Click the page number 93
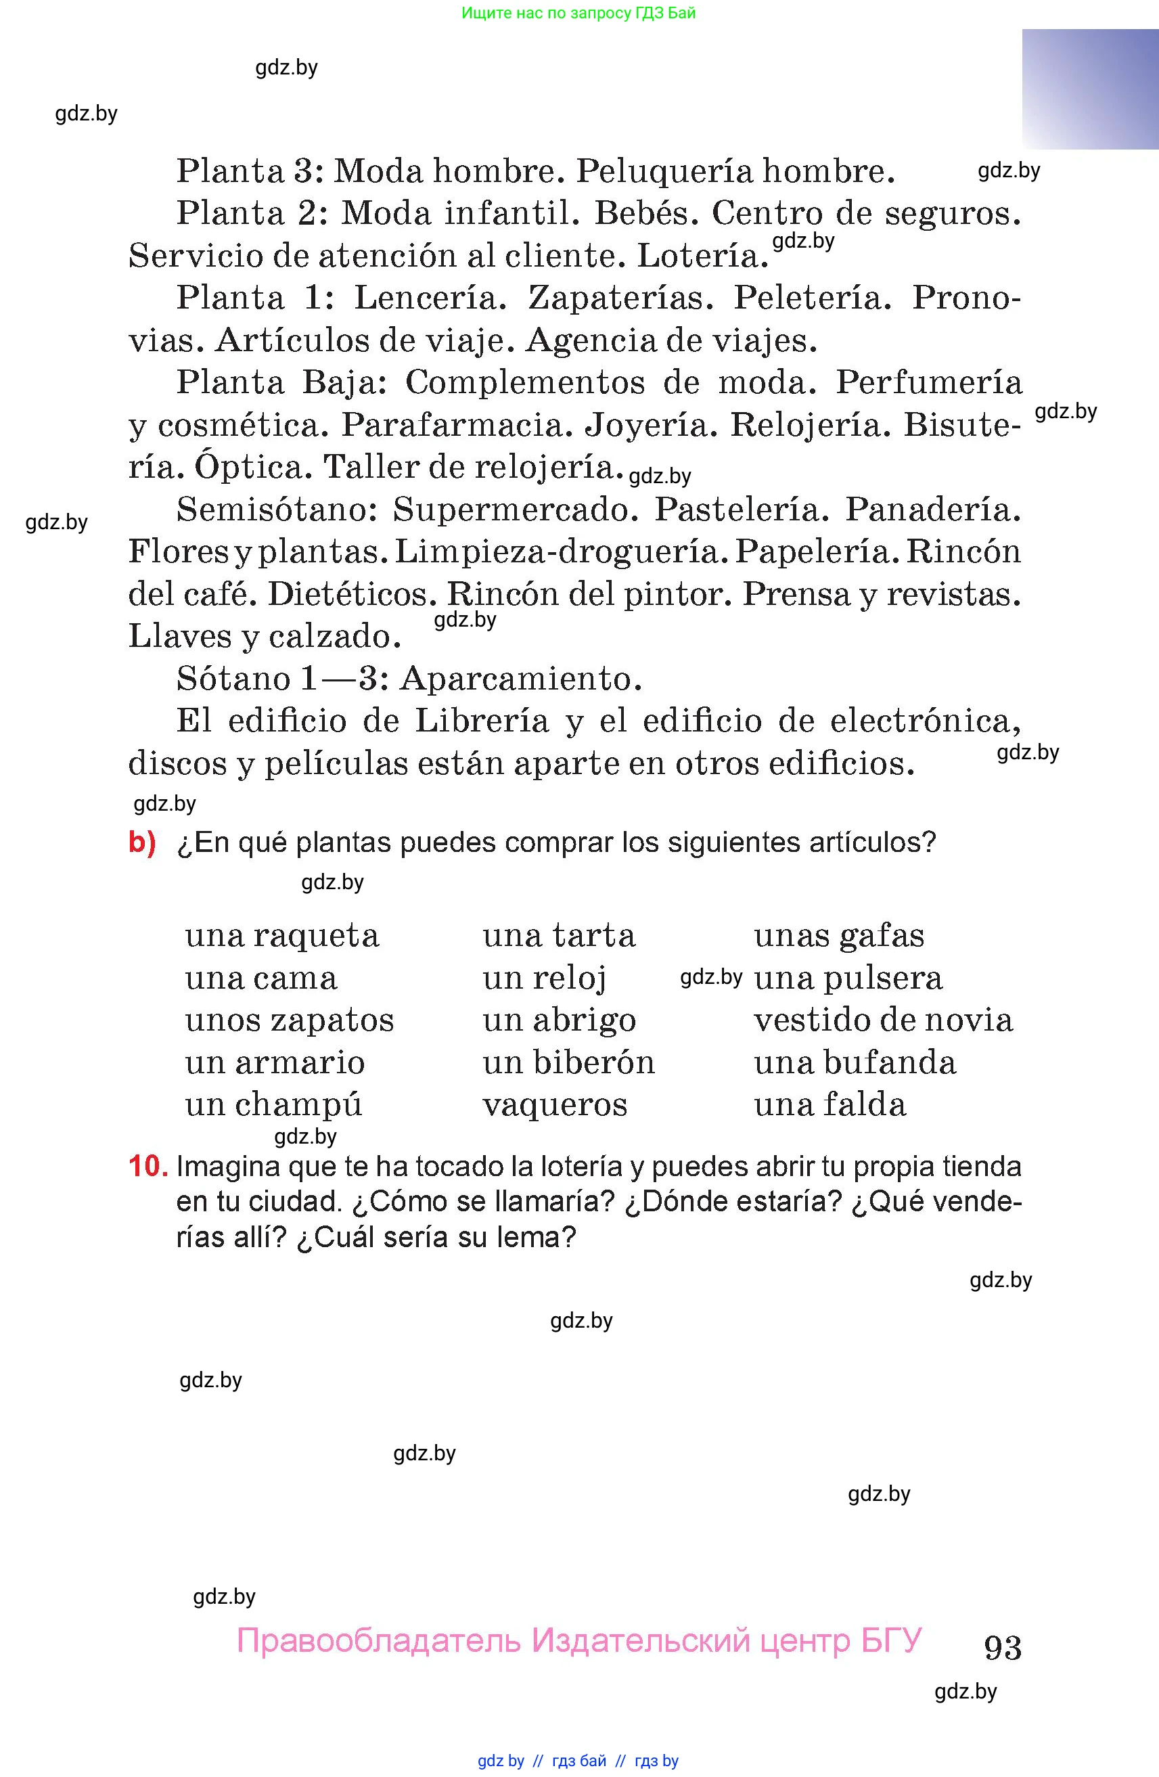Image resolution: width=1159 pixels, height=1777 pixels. click(1002, 1646)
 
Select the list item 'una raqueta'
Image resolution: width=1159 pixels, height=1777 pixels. click(282, 936)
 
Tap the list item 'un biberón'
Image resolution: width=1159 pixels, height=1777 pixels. click(569, 1062)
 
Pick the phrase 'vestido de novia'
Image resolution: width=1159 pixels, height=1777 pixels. click(883, 1020)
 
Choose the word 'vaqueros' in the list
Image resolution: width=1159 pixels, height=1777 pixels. click(555, 1104)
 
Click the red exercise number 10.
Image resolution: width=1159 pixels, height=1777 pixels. click(147, 1166)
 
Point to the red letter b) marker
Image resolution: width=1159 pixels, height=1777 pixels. click(142, 842)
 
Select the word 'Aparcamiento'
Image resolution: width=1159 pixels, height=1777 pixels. click(521, 679)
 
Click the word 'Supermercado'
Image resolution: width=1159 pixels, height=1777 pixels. click(516, 510)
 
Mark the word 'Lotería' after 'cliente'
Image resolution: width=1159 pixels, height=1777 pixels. click(702, 256)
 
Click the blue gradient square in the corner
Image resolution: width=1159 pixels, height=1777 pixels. click(1089, 89)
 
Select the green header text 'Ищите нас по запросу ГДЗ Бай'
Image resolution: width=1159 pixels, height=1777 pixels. click(578, 13)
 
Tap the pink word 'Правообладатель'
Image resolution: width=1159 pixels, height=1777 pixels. click(378, 1640)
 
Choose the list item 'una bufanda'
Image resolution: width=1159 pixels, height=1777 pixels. click(855, 1062)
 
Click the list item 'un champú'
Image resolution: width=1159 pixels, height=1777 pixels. click(273, 1104)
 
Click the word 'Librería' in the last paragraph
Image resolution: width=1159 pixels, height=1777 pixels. click(481, 721)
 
